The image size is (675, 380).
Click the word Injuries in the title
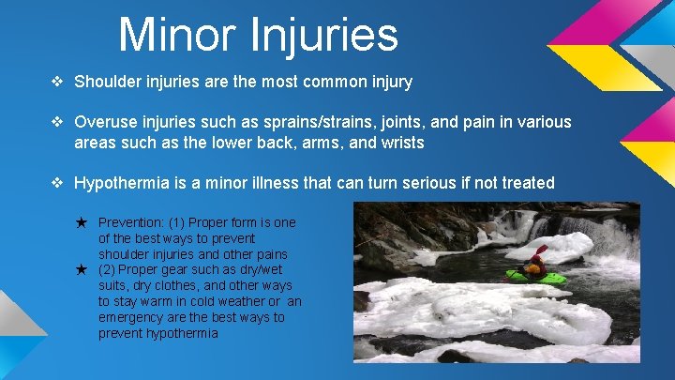(x=325, y=35)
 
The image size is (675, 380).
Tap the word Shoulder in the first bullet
(x=107, y=82)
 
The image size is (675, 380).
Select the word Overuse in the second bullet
(x=105, y=123)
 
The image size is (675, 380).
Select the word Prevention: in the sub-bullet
(x=130, y=222)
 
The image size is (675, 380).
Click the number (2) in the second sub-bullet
(x=108, y=269)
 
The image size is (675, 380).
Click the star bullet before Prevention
(x=82, y=222)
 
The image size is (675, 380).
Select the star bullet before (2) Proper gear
(x=82, y=269)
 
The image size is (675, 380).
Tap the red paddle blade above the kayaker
(x=542, y=250)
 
